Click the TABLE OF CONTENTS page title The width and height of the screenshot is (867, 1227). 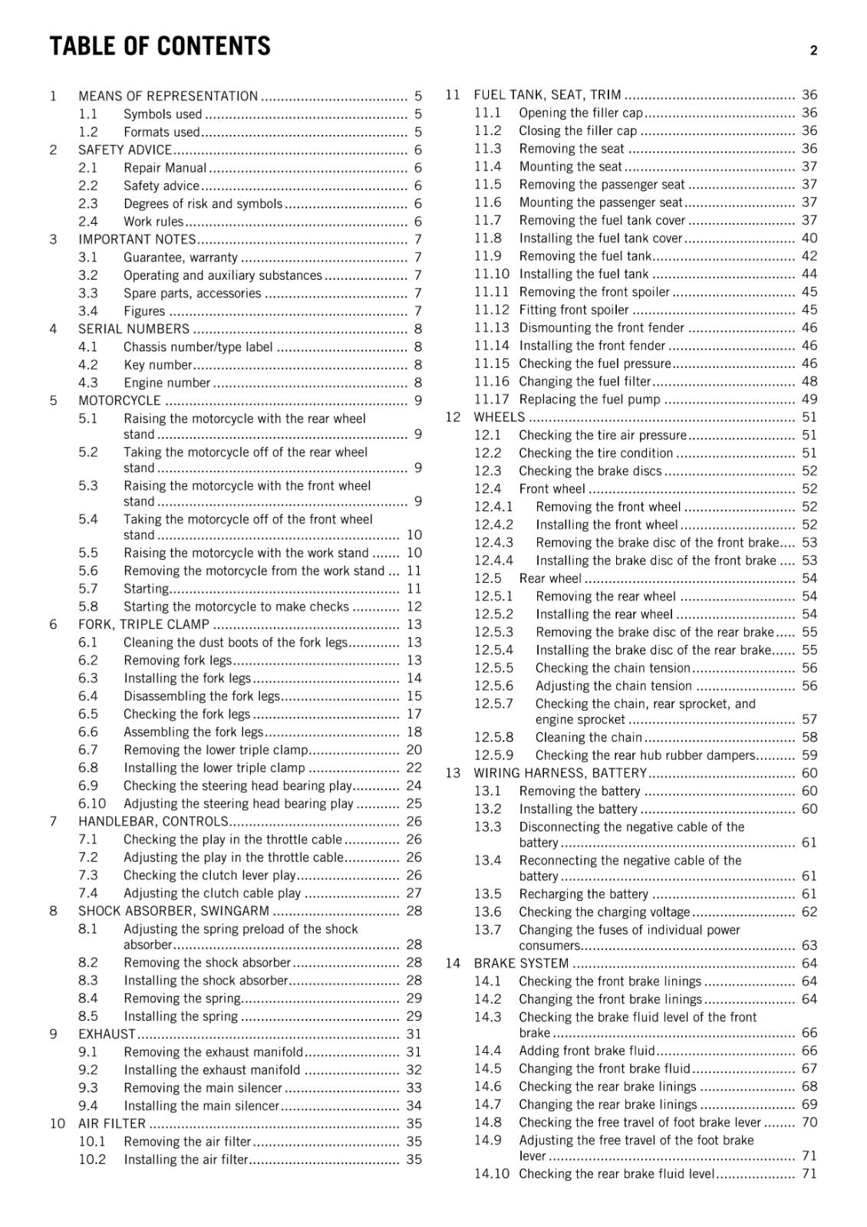click(x=160, y=47)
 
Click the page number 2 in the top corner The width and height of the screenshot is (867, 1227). click(x=813, y=51)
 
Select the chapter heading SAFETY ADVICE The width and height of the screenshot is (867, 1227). click(x=125, y=150)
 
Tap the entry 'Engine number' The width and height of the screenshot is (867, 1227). click(x=166, y=383)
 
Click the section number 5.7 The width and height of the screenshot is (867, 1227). click(x=88, y=589)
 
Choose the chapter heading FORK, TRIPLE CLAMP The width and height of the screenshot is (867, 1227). click(x=143, y=624)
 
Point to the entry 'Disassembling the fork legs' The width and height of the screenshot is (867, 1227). click(x=201, y=696)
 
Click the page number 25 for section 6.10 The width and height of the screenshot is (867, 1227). click(x=414, y=804)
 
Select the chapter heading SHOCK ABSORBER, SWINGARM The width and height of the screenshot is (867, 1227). click(x=173, y=911)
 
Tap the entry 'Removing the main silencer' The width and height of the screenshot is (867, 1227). click(x=203, y=1087)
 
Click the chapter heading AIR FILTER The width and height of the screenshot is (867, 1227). click(x=112, y=1123)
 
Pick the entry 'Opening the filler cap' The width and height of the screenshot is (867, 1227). click(x=581, y=113)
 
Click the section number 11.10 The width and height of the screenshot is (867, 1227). click(x=491, y=274)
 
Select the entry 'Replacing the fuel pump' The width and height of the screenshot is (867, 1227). click(x=589, y=399)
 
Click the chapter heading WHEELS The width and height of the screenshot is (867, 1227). click(x=499, y=417)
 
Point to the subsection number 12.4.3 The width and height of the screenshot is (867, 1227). click(x=493, y=542)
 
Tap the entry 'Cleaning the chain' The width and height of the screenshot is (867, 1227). click(x=588, y=737)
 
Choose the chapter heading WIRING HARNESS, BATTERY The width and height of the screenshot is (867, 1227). click(x=560, y=773)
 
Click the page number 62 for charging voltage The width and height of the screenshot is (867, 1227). click(x=809, y=912)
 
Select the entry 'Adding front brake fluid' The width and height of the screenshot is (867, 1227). click(x=587, y=1051)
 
